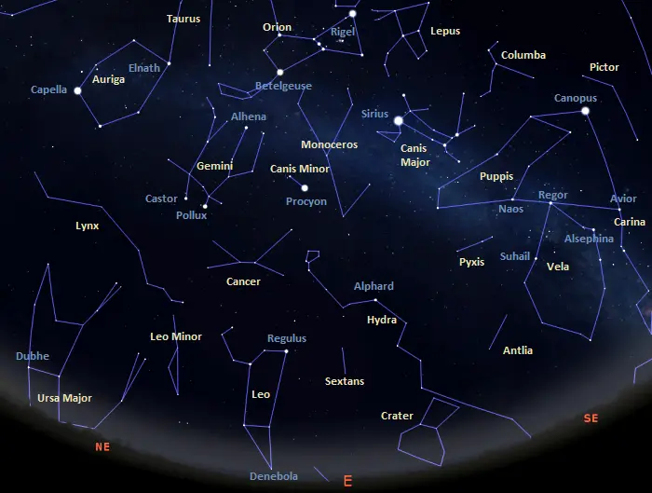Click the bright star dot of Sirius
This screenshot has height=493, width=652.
[399, 120]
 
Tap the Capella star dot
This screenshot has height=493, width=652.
[78, 91]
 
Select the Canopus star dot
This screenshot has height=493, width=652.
[586, 112]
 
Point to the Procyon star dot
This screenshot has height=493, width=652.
[305, 187]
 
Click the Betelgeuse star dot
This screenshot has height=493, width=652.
[279, 72]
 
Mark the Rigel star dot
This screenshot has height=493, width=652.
[353, 14]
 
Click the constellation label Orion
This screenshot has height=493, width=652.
[277, 27]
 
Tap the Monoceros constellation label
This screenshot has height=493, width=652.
[329, 144]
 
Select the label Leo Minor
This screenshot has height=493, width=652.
[175, 336]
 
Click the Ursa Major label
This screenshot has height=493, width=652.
[64, 398]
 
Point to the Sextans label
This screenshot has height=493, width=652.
[344, 381]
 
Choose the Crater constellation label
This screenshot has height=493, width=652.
[397, 416]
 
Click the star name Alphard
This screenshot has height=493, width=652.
[374, 286]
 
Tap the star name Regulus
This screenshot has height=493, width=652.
[286, 338]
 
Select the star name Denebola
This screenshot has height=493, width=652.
[274, 476]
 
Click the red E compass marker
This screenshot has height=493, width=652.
[347, 481]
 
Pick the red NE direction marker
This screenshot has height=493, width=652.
[102, 446]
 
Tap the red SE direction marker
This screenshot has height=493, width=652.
[591, 418]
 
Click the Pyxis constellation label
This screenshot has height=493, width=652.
[471, 262]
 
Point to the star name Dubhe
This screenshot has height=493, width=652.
[32, 356]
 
